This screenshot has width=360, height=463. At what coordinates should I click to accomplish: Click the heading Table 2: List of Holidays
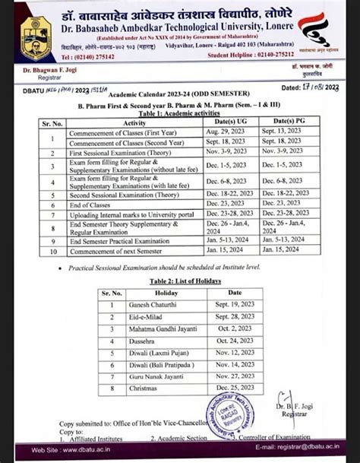(179, 281)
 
